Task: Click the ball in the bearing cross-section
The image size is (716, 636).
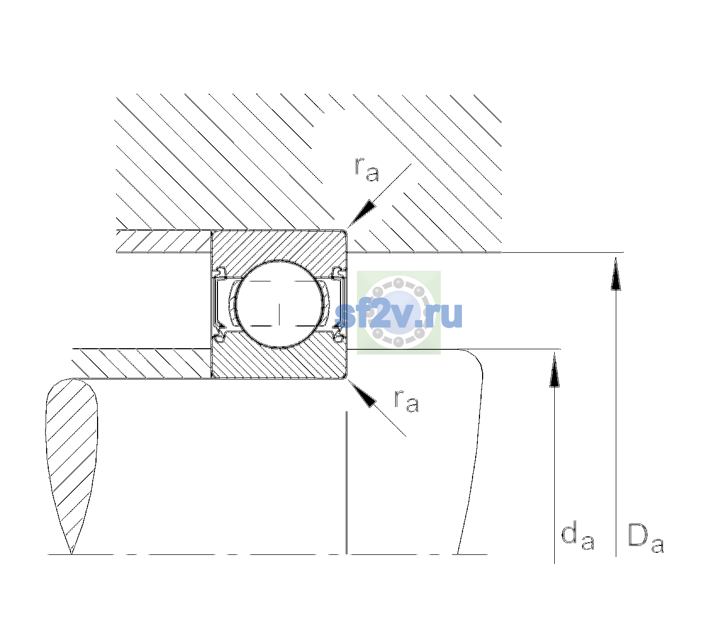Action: pos(279,304)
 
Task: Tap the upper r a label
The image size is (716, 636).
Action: pos(367,170)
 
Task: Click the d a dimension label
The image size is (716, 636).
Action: pos(578,537)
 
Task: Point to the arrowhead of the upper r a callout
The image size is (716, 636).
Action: pos(361,213)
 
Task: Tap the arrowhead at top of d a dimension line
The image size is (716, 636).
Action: pos(554,369)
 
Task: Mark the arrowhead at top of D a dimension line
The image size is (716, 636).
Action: pos(616,273)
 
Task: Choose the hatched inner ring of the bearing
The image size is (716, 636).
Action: pos(279,357)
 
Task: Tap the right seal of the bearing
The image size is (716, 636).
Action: pos(338,304)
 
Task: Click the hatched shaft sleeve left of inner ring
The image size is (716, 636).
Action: pos(142,364)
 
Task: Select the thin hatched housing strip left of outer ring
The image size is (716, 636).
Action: pos(163,242)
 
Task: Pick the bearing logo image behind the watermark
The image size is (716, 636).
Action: pos(399,313)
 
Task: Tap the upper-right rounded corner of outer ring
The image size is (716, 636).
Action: pos(345,232)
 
